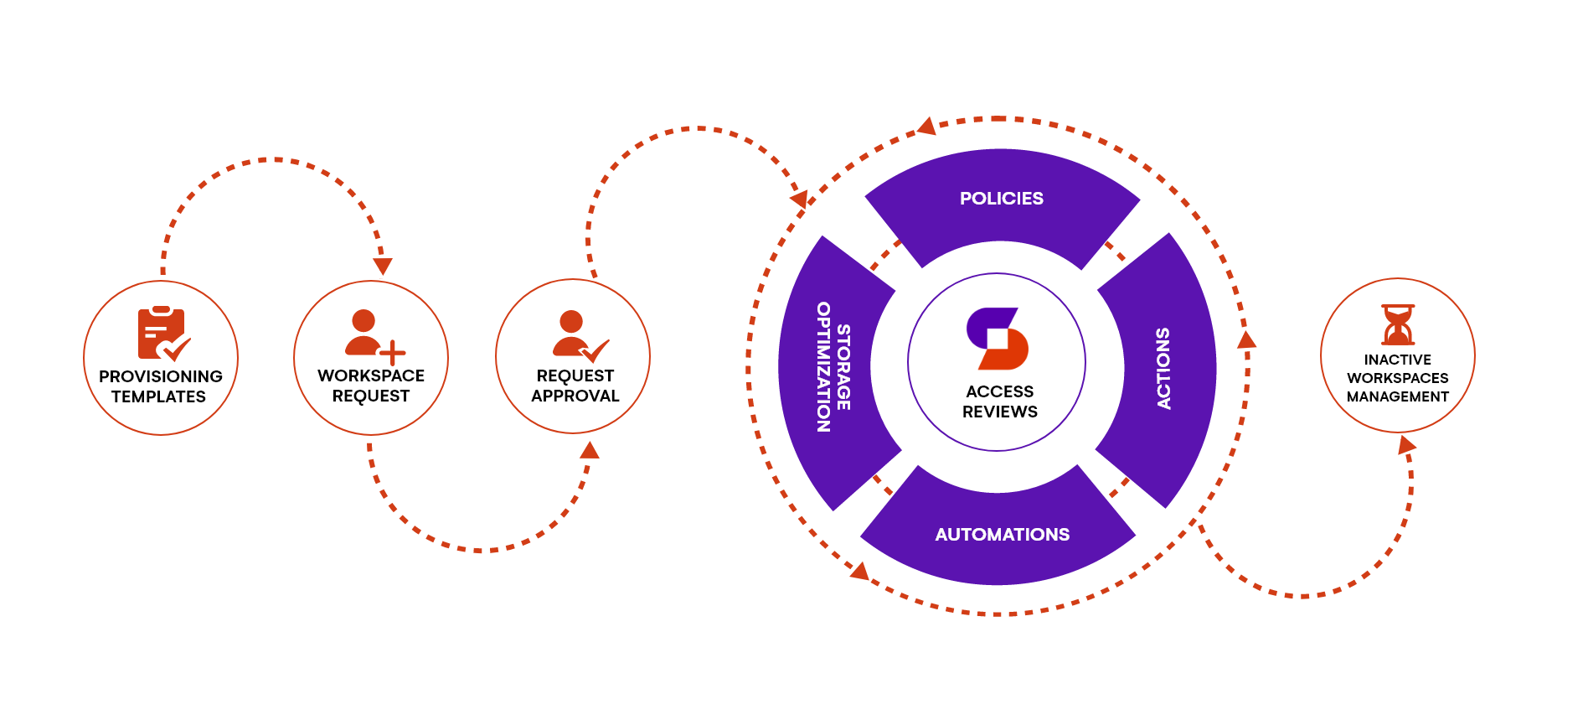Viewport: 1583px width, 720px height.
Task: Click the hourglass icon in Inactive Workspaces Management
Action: point(1398,325)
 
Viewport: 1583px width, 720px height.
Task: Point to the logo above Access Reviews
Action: point(997,339)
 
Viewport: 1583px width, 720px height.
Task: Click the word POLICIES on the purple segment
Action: point(1001,199)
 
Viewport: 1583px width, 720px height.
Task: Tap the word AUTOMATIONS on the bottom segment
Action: point(1002,535)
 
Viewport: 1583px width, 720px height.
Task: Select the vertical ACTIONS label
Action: point(1163,368)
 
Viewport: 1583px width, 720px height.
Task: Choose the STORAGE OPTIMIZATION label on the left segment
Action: point(833,367)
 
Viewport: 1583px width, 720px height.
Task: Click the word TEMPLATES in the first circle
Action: point(158,396)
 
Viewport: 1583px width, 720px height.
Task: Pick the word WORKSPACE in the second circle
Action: point(370,376)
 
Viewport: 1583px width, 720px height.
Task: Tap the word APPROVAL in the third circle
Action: point(575,396)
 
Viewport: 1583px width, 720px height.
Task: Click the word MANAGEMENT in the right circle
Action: point(1397,396)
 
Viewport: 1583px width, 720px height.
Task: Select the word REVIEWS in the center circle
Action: point(999,412)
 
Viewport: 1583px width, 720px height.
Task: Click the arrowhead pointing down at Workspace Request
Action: point(383,267)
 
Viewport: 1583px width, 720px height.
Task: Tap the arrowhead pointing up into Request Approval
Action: point(590,451)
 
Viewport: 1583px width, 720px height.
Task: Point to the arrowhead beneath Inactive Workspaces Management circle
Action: point(1407,444)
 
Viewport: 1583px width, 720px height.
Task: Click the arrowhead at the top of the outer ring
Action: point(926,127)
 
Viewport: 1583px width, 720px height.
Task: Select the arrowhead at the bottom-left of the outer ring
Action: point(859,571)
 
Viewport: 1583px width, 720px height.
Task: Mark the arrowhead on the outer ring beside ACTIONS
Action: point(1246,339)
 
